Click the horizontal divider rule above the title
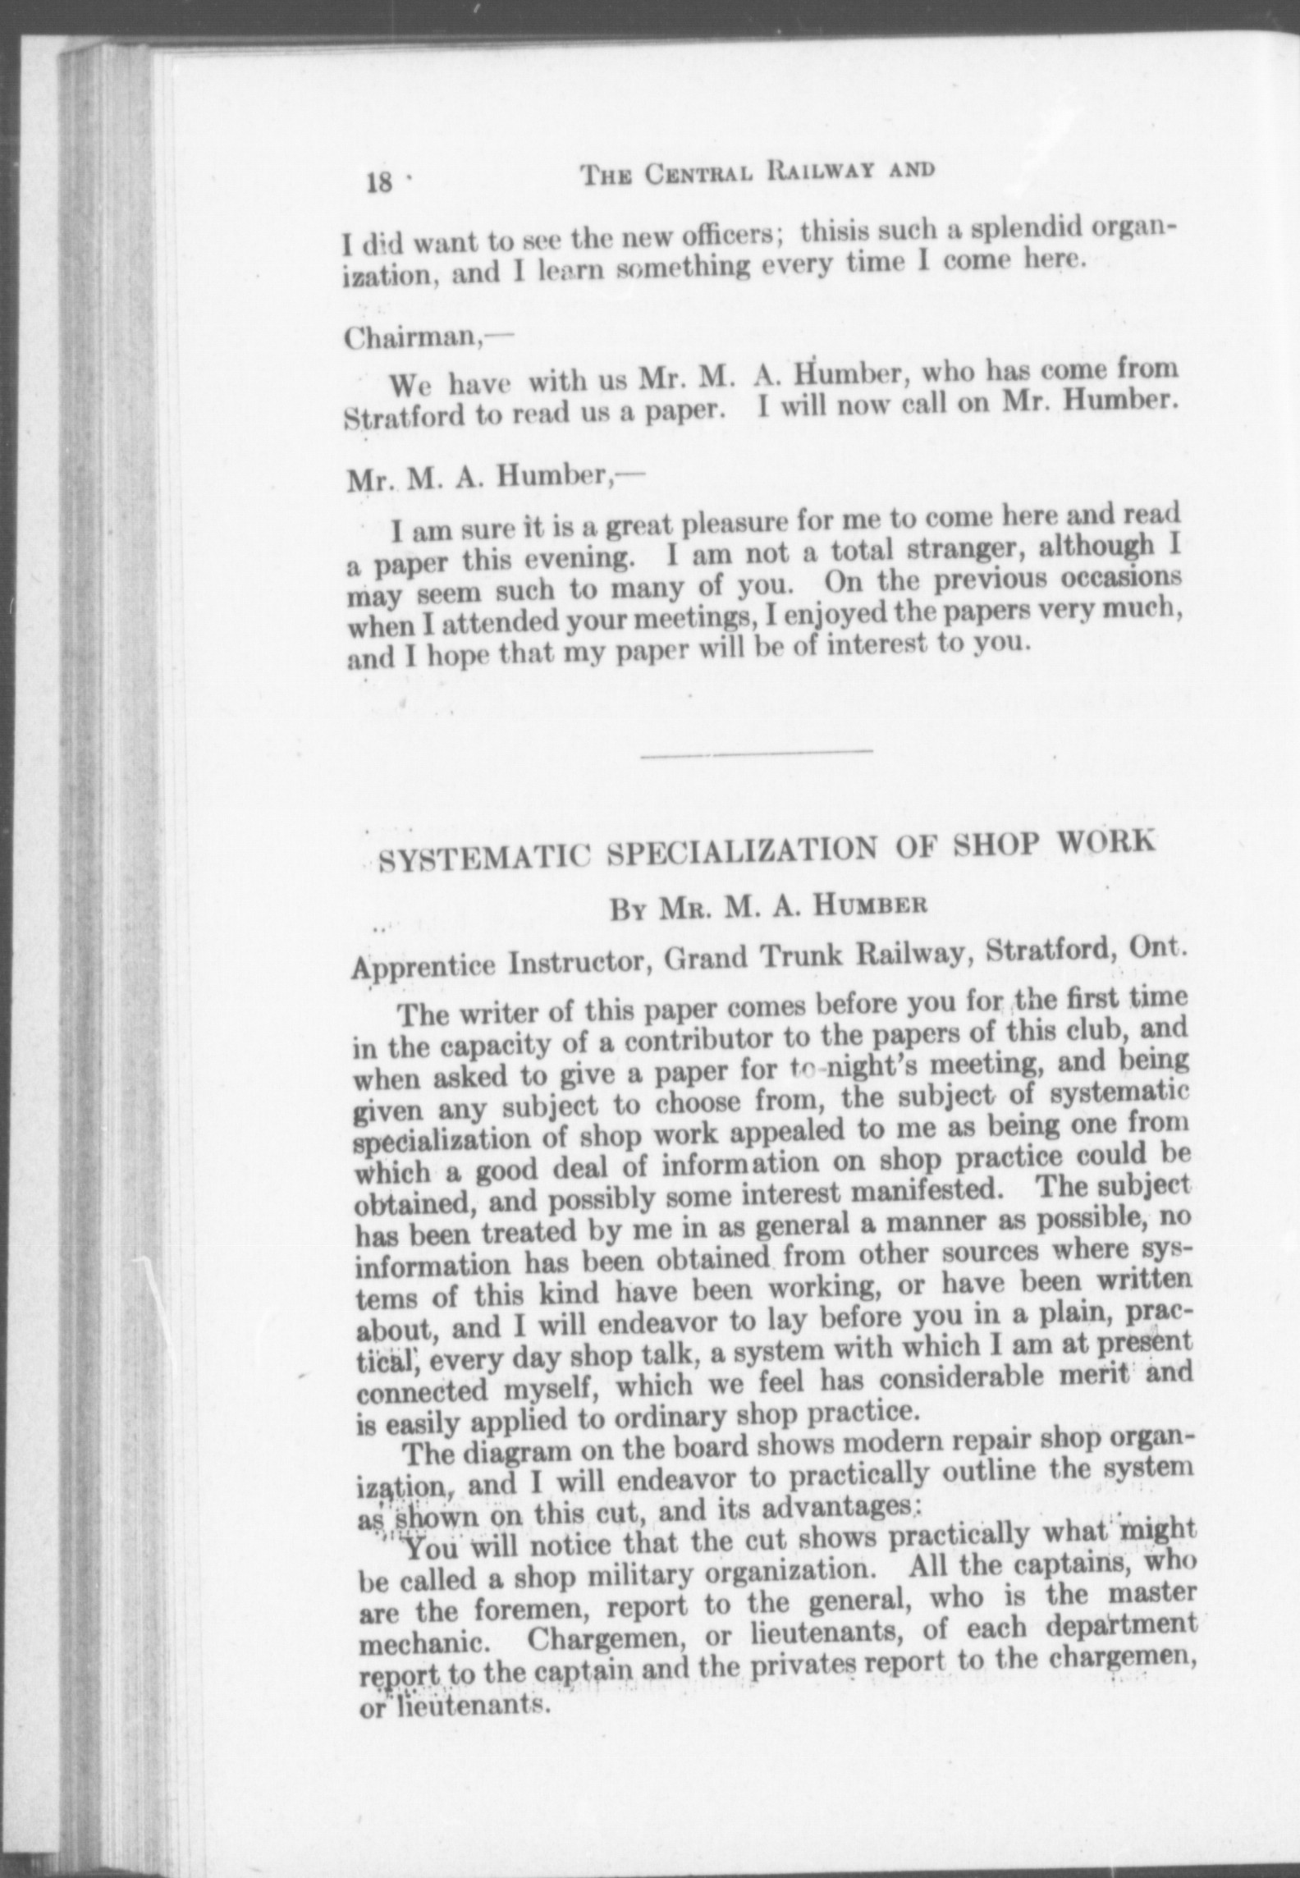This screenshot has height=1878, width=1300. coord(756,751)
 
